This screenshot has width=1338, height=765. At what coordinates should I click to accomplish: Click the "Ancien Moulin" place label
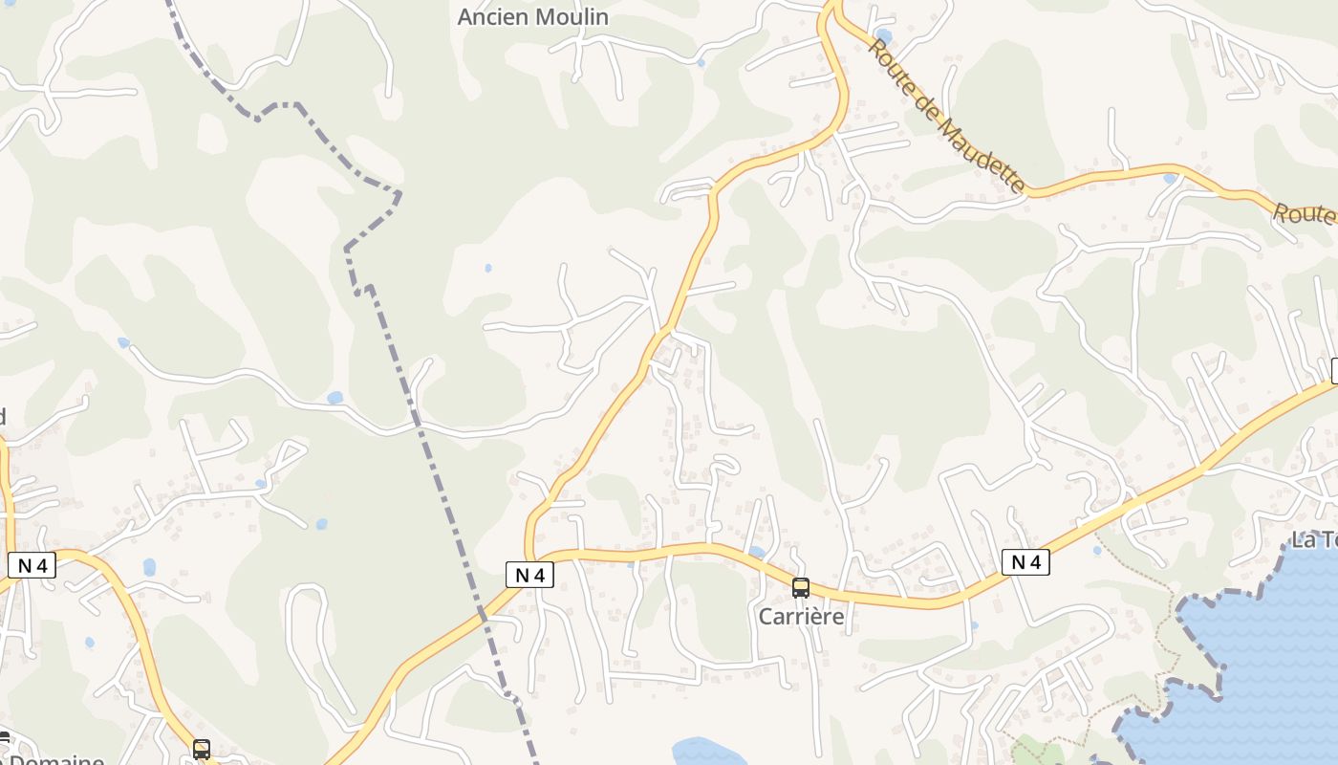[x=532, y=17]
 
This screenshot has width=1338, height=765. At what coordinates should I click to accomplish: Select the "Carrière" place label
[x=801, y=617]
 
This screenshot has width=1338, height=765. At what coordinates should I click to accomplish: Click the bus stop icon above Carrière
[x=801, y=588]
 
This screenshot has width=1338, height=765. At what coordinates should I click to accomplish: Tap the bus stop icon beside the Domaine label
[x=201, y=750]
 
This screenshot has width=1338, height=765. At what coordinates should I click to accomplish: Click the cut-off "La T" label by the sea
[x=1314, y=539]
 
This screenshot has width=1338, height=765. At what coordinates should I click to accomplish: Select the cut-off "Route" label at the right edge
[x=1305, y=213]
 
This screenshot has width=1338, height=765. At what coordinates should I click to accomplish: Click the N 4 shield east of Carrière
[x=1025, y=562]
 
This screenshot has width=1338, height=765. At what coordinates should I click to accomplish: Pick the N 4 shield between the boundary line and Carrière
[x=529, y=575]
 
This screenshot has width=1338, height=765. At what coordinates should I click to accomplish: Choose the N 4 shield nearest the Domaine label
[x=32, y=565]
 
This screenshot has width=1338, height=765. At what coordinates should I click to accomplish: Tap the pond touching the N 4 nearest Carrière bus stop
[x=756, y=552]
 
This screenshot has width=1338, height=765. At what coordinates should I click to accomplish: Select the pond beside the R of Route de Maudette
[x=882, y=36]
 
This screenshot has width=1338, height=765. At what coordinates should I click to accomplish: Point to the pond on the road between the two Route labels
[x=1170, y=178]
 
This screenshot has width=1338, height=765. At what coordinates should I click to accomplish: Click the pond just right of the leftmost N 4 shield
[x=149, y=567]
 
